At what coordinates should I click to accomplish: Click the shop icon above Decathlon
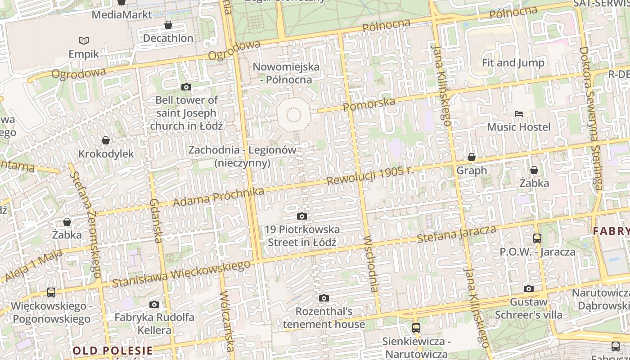point(168,25)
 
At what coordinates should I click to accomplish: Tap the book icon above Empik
point(84,41)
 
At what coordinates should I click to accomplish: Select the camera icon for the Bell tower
point(186,87)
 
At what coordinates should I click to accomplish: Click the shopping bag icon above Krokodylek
point(106,141)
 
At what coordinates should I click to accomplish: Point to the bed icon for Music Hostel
point(519,114)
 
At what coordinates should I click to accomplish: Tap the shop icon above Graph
point(472,157)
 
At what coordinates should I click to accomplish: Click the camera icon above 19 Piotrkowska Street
point(302,216)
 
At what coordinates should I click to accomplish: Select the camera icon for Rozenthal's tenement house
point(324,298)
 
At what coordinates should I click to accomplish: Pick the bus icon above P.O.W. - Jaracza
point(537,238)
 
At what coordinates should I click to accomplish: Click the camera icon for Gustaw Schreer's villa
point(529,288)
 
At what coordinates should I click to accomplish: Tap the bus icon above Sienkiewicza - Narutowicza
point(416,328)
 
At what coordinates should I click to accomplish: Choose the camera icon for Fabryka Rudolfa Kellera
point(154,304)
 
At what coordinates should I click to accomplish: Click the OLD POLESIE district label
point(113,351)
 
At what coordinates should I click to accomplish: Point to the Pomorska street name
point(369,104)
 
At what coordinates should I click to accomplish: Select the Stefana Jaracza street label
point(456,234)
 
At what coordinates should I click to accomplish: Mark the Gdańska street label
point(156,220)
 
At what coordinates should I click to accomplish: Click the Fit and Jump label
point(513,63)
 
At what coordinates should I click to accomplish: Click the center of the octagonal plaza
point(293,115)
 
